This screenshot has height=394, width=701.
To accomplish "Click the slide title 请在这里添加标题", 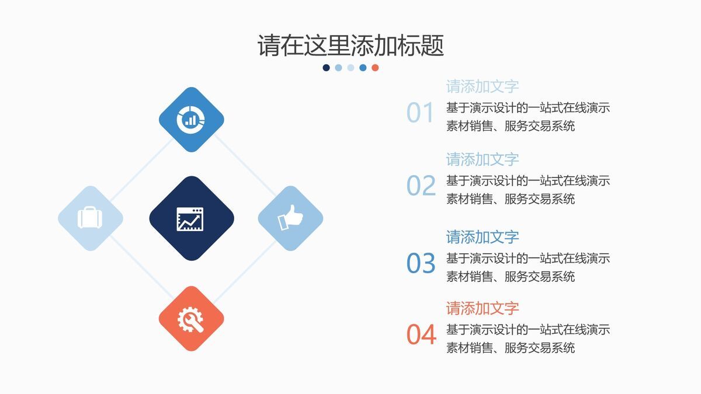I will pyautogui.click(x=350, y=46).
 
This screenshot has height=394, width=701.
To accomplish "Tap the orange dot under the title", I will pyautogui.click(x=375, y=68).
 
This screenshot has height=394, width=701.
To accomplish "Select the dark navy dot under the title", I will pyautogui.click(x=326, y=68).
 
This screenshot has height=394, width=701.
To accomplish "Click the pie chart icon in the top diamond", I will pyautogui.click(x=191, y=119).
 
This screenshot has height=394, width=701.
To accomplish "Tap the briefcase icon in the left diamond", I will pyautogui.click(x=90, y=218).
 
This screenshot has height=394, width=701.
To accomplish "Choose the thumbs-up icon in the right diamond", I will pyautogui.click(x=290, y=218).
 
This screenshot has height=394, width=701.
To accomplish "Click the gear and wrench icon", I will pyautogui.click(x=191, y=319).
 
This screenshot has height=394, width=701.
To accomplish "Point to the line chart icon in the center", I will pyautogui.click(x=191, y=218).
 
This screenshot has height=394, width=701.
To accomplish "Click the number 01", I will pyautogui.click(x=421, y=113).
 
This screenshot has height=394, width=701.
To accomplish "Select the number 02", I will pyautogui.click(x=421, y=186).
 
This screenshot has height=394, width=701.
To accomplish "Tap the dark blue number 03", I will pyautogui.click(x=421, y=264).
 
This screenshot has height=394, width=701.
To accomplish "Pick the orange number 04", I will pyautogui.click(x=421, y=335).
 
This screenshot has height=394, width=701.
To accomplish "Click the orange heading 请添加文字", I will pyautogui.click(x=483, y=308).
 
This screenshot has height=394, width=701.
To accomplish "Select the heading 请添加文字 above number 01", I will pyautogui.click(x=483, y=86).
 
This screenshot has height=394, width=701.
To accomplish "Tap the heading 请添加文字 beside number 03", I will pyautogui.click(x=483, y=237).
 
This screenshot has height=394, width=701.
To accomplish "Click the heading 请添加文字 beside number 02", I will pyautogui.click(x=483, y=159).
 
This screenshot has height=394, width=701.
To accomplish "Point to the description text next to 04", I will pyautogui.click(x=528, y=339).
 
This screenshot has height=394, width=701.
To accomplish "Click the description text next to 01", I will pyautogui.click(x=528, y=117).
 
